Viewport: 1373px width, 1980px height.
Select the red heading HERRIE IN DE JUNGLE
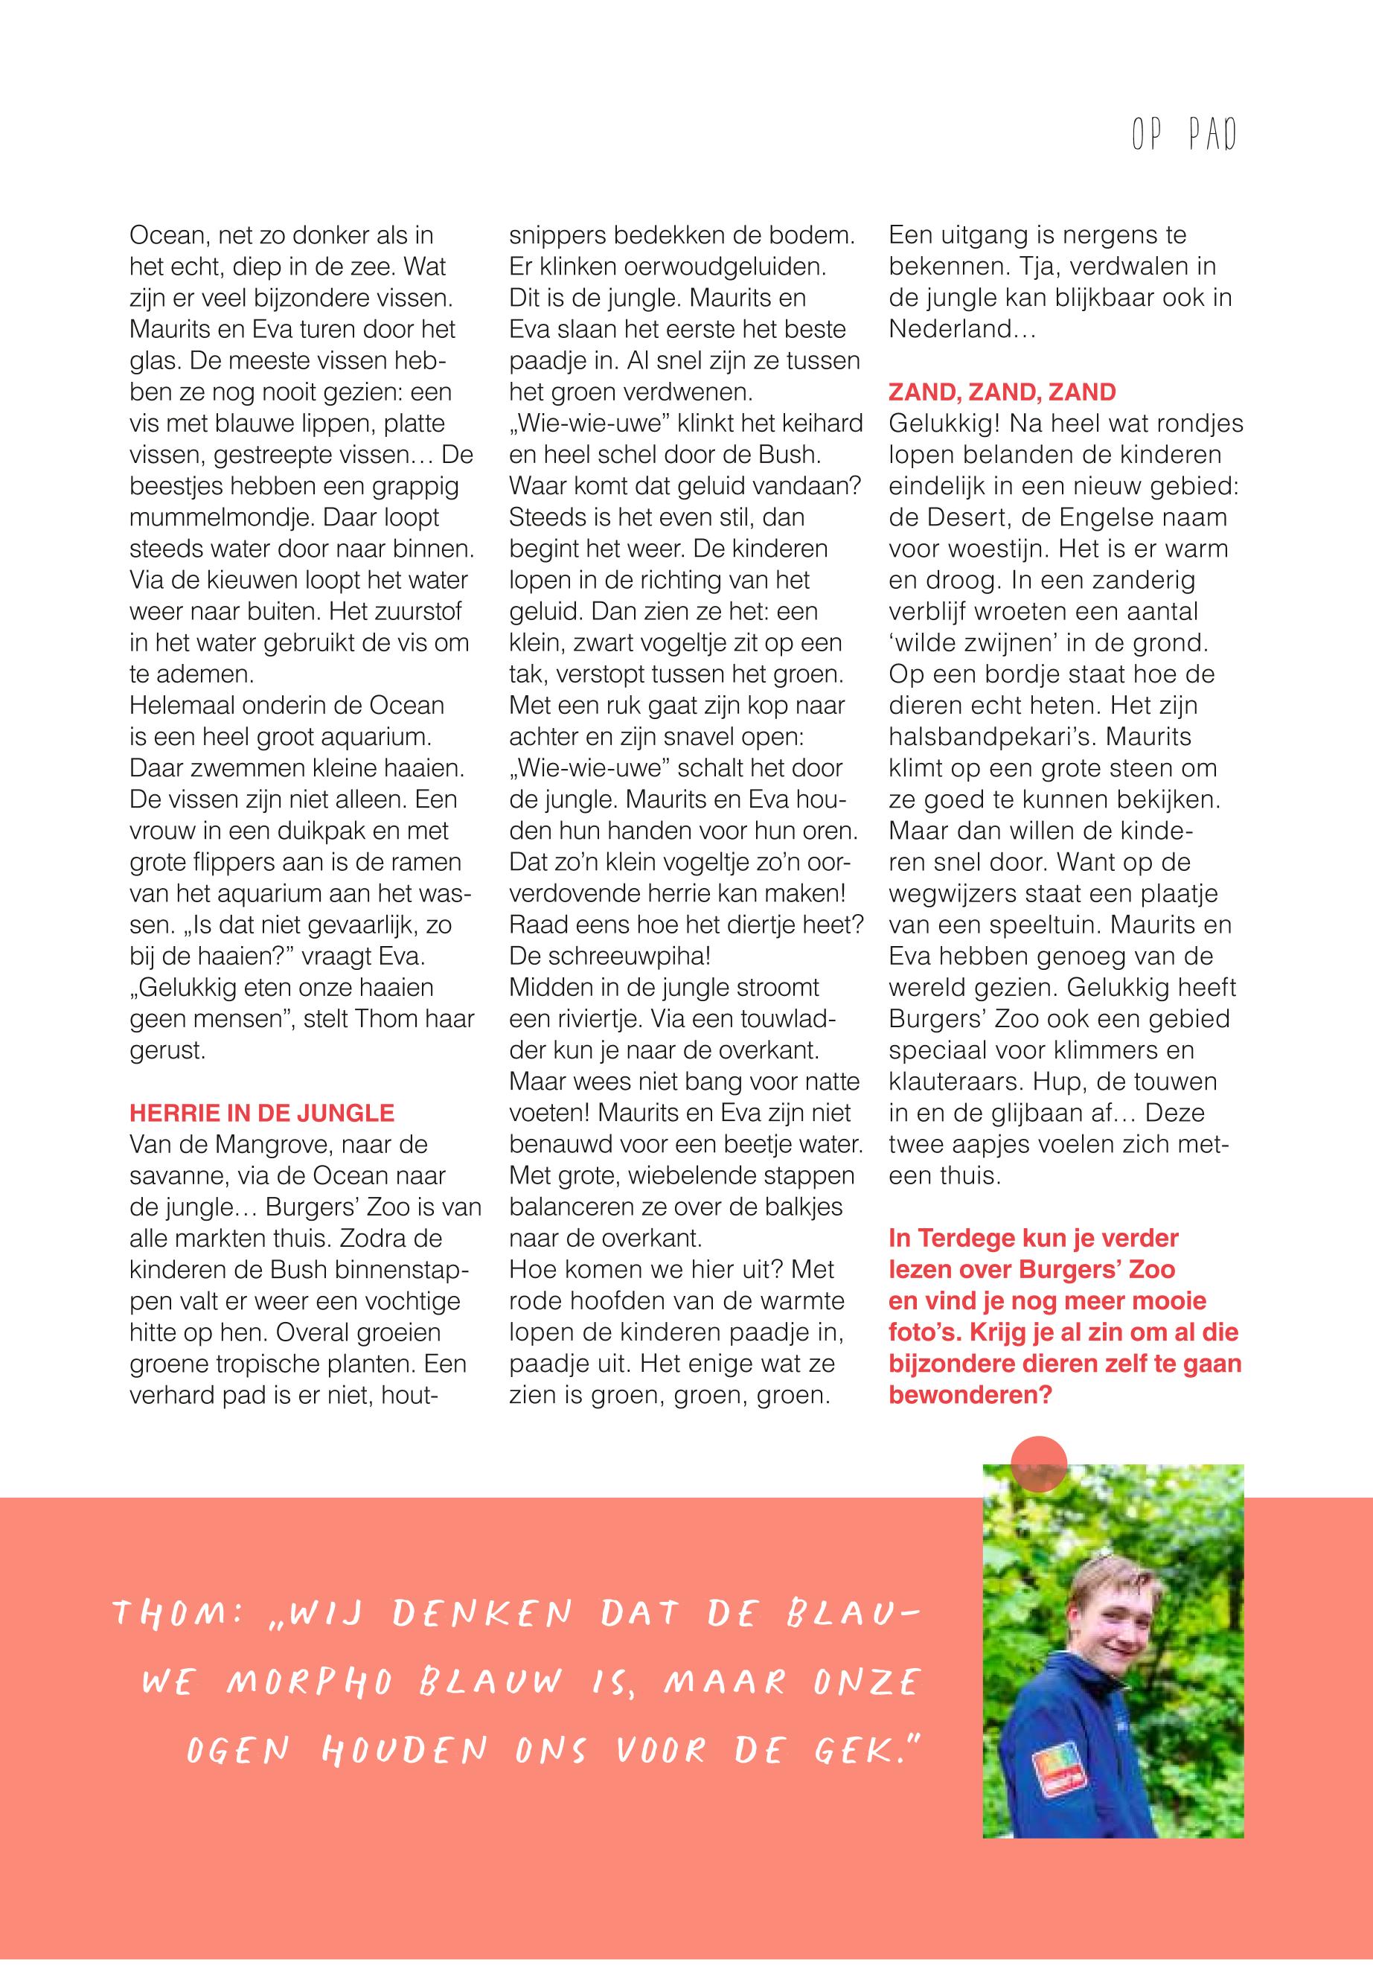[261, 1113]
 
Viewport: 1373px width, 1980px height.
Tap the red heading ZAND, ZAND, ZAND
[1002, 392]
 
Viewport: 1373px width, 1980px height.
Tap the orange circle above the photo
[1038, 1463]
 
